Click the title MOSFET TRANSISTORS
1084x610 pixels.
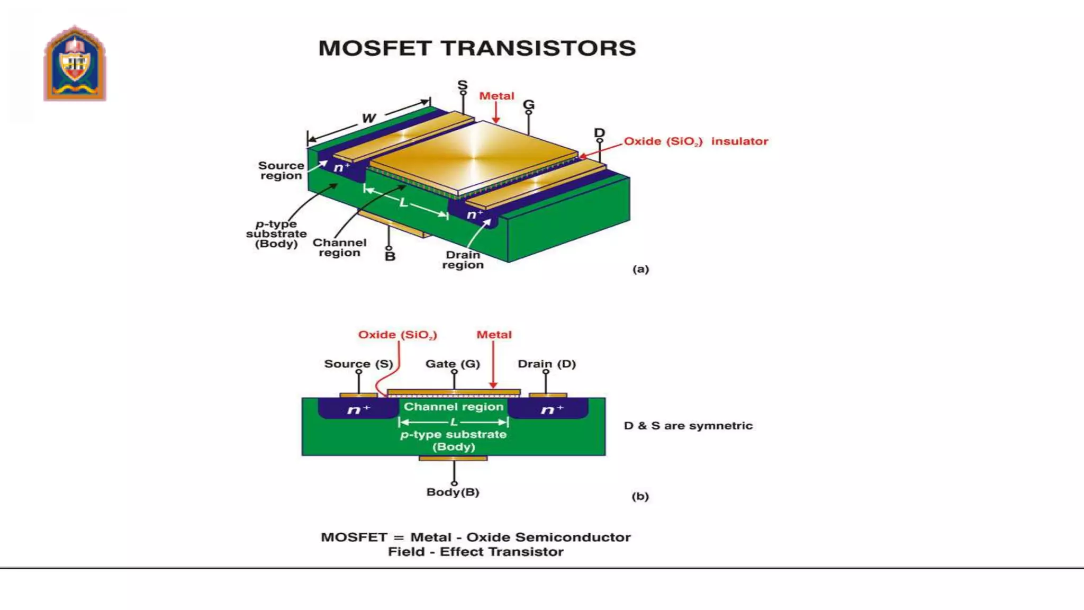[x=477, y=48]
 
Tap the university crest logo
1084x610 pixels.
[x=75, y=64]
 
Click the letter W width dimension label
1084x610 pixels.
[x=369, y=118]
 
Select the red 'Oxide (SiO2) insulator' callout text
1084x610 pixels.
[x=695, y=141]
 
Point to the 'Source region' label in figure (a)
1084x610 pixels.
[x=281, y=171]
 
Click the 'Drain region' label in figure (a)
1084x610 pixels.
[x=463, y=259]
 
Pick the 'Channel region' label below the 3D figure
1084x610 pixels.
[x=339, y=247]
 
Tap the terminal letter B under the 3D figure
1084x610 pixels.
[x=390, y=257]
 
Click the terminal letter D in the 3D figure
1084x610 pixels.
[x=599, y=133]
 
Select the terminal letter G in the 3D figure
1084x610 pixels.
[x=529, y=105]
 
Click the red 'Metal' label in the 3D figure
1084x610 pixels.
[x=496, y=96]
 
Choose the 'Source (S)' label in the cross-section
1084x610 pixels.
[x=358, y=364]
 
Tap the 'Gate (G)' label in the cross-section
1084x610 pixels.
[x=453, y=364]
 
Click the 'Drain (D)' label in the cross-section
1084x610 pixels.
[x=547, y=364]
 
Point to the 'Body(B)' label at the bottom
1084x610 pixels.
[x=453, y=492]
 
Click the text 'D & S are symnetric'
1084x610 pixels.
[x=688, y=426]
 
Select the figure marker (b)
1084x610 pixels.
[x=640, y=496]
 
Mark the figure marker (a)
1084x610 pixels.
[x=640, y=269]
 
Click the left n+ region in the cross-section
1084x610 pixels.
[x=358, y=409]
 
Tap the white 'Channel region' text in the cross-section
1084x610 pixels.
[x=454, y=407]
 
